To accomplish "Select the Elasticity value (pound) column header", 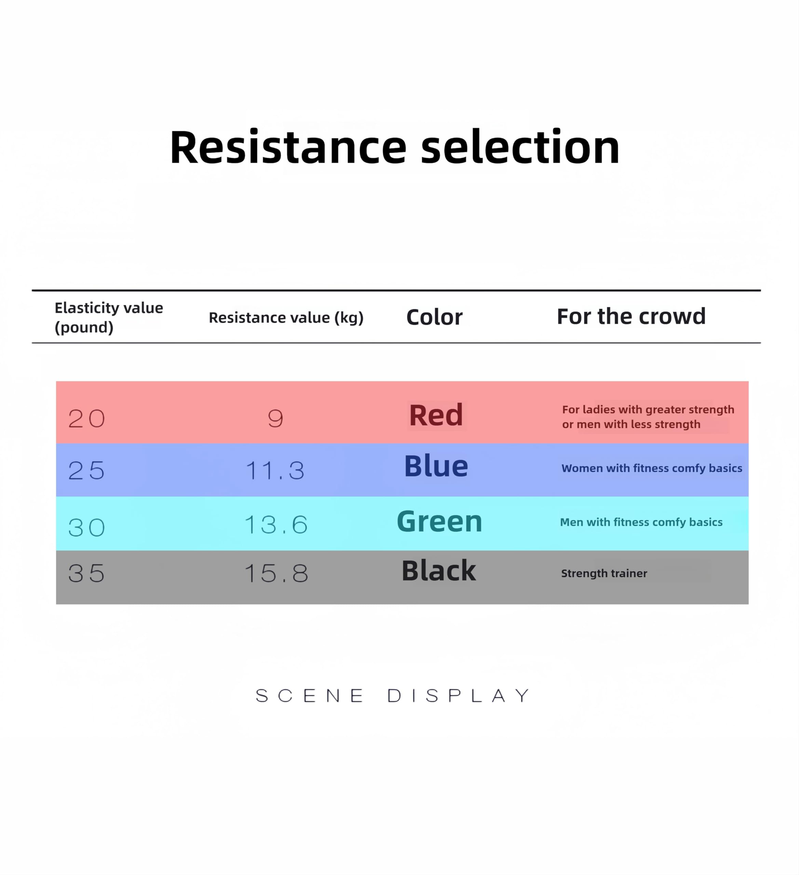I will (108, 317).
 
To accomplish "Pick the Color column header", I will (434, 317).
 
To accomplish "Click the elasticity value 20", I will (86, 419).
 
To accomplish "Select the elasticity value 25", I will (86, 471).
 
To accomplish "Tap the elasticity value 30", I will (86, 527).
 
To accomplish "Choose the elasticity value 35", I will (86, 573).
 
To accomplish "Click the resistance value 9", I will (275, 419).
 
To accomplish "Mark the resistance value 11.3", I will (275, 471).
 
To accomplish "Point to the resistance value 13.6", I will (276, 525).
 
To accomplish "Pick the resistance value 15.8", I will (276, 573).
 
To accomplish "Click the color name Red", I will (436, 415).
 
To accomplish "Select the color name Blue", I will (436, 466).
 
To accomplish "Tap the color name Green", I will (439, 521).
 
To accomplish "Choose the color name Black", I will (438, 570).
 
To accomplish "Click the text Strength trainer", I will (604, 573).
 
